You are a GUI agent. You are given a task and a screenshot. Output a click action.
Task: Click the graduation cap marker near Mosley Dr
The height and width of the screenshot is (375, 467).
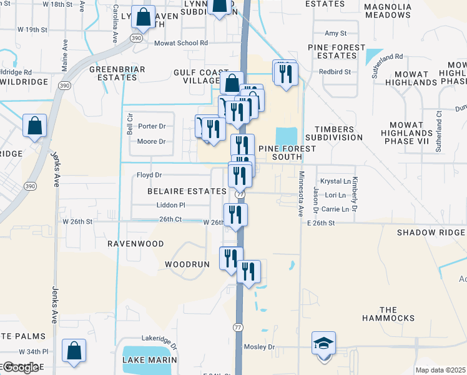323,344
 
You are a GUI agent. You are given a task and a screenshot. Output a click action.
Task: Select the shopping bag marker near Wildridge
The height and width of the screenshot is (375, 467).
35,125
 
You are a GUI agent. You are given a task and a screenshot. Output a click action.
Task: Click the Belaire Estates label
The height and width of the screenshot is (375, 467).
187,191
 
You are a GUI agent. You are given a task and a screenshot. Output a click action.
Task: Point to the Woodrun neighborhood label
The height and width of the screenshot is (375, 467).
187,264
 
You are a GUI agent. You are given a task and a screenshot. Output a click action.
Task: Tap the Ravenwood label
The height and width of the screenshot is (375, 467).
135,243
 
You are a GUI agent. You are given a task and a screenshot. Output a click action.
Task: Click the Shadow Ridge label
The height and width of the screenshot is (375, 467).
431,232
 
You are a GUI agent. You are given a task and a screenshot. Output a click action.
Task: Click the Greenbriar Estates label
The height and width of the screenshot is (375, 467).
117,72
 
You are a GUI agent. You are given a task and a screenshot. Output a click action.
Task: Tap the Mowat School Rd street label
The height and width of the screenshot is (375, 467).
182,43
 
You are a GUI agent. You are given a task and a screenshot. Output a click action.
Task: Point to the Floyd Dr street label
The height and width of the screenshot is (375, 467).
149,175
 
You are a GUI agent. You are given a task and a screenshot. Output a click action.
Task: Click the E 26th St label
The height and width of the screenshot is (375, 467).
321,222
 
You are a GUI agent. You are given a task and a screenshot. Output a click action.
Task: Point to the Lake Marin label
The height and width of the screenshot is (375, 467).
150,360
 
